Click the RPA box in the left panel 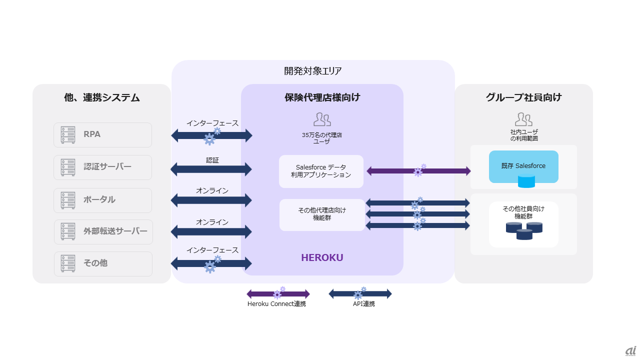pos(102,135)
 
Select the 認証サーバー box pos(102,167)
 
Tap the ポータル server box pos(102,200)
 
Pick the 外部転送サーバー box pos(103,232)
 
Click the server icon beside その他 pos(68,263)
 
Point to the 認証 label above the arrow pos(212,160)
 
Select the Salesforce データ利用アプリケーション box pos(321,171)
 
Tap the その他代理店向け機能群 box pos(322,214)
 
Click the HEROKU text pos(322,258)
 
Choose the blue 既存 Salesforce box pos(523,166)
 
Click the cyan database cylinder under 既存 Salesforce pos(526,182)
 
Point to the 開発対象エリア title pos(313,71)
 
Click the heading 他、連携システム pos(102,98)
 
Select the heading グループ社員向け pos(523,98)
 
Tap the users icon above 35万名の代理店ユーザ pos(322,119)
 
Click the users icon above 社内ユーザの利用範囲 pos(523,119)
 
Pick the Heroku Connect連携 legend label pos(276,304)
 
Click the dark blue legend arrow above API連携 pos(360,294)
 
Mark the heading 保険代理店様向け pos(322,98)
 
